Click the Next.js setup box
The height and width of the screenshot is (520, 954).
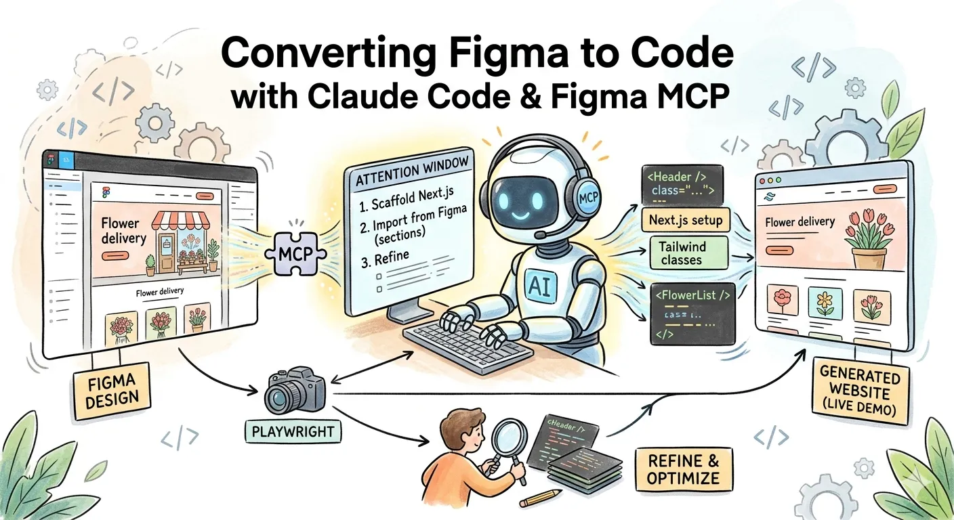pos(685,219)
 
